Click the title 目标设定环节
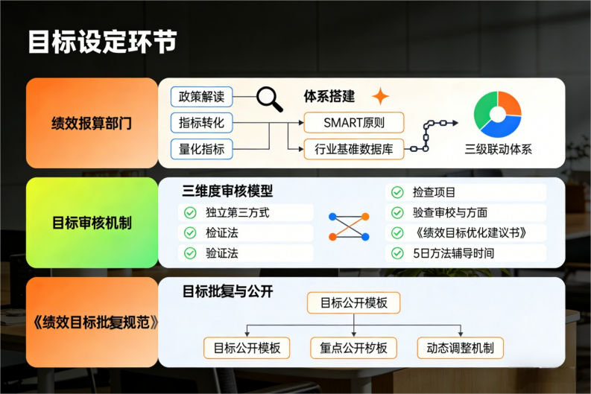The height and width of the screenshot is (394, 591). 103,42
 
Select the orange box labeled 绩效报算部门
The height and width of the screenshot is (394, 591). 92,123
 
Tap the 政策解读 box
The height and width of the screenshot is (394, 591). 201,97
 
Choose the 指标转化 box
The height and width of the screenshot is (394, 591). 201,122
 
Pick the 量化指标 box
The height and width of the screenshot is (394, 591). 201,148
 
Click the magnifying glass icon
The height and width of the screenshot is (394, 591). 269,98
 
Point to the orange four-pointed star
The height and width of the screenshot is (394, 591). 380,96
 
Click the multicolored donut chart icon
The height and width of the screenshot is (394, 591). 498,113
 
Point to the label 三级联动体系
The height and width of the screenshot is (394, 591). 498,149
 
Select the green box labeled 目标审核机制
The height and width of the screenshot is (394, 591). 92,222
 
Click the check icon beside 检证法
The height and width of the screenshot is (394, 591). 190,233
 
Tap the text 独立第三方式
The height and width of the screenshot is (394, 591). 237,213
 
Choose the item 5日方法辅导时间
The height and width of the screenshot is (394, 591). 452,253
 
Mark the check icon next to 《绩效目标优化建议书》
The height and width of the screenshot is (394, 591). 396,233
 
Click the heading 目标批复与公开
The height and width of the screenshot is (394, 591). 227,291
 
